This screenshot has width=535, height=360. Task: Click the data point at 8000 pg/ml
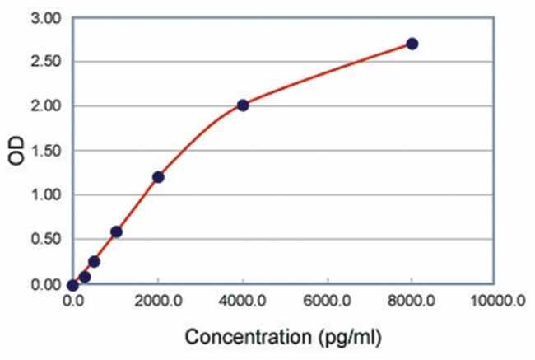pyautogui.click(x=412, y=44)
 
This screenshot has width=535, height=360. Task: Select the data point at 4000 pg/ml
pyautogui.click(x=243, y=105)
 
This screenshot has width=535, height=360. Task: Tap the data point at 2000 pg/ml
pyautogui.click(x=158, y=177)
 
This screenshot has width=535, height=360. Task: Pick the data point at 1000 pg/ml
pyautogui.click(x=116, y=231)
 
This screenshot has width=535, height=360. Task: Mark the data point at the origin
pyautogui.click(x=73, y=285)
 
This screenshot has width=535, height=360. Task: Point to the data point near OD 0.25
pyautogui.click(x=94, y=262)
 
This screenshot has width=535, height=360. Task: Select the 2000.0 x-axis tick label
pyautogui.click(x=158, y=303)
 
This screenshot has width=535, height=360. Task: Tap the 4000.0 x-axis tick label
pyautogui.click(x=243, y=303)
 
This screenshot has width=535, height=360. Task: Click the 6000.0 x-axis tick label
pyautogui.click(x=328, y=303)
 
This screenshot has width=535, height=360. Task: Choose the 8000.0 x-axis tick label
pyautogui.click(x=412, y=303)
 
